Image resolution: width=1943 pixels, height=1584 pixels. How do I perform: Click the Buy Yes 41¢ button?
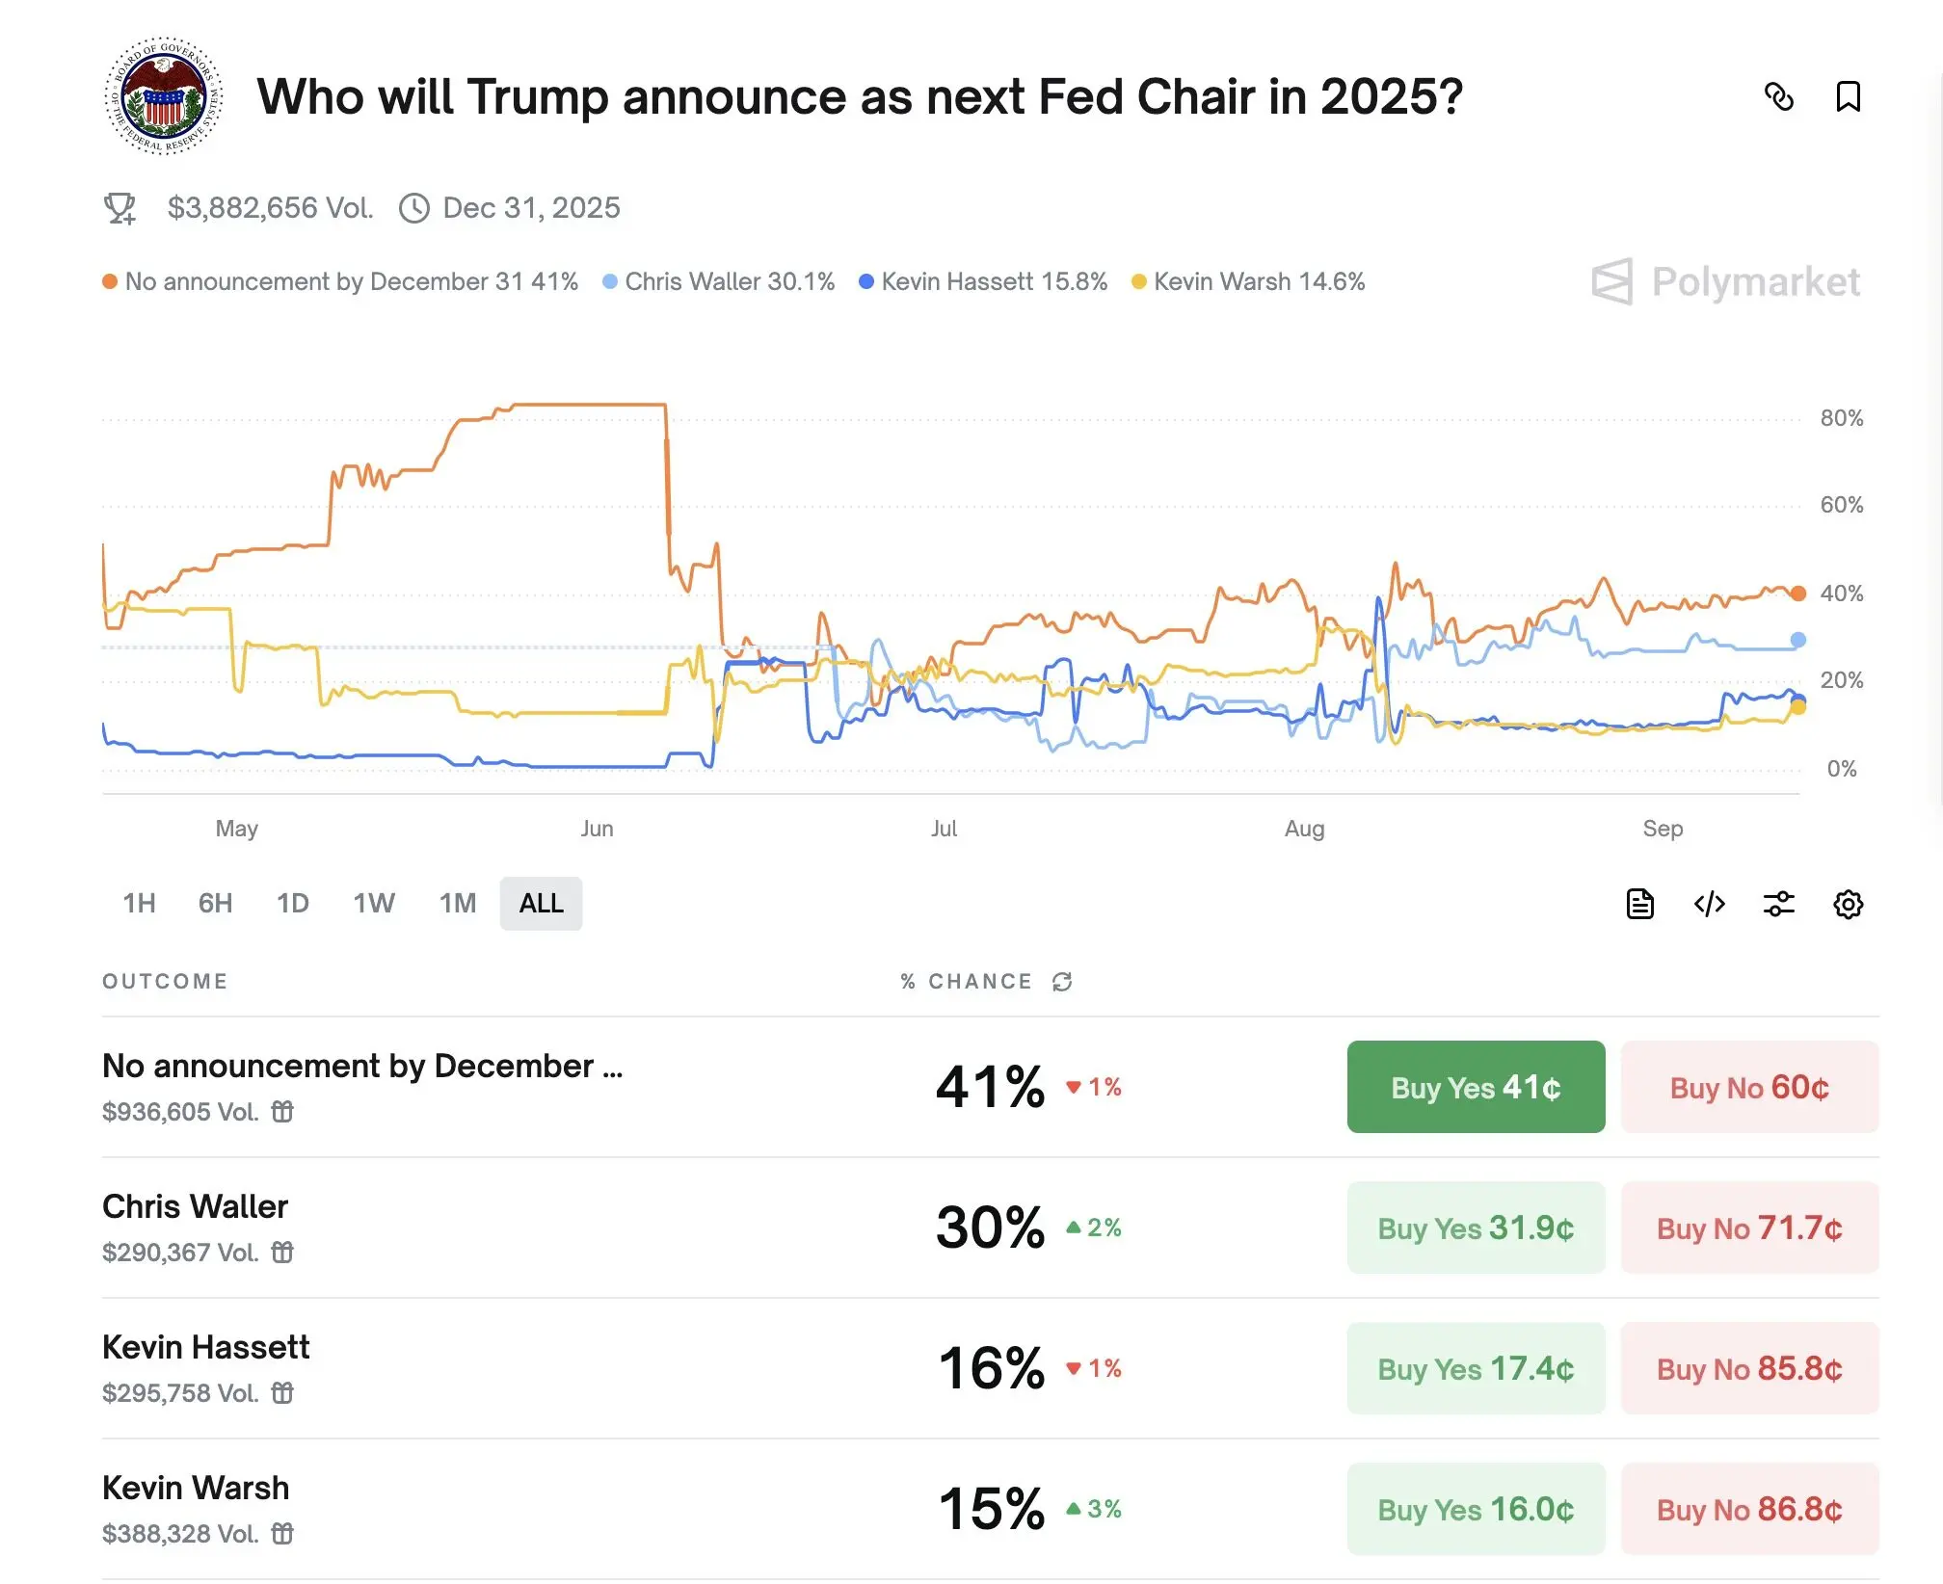point(1476,1087)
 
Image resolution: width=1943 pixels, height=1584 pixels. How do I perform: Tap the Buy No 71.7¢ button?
point(1749,1228)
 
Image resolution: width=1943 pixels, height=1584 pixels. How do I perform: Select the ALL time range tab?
point(541,903)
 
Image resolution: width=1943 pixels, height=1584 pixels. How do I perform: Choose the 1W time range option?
point(374,903)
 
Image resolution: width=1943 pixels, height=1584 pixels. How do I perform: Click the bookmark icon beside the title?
point(1848,96)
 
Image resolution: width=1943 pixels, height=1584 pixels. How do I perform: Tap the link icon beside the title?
point(1778,96)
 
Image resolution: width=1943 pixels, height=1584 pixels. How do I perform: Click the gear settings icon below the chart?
point(1848,904)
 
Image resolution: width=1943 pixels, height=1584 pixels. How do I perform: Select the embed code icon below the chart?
point(1709,904)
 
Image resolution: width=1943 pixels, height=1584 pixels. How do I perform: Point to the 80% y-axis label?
point(1841,418)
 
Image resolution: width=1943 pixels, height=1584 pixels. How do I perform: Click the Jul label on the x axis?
point(944,829)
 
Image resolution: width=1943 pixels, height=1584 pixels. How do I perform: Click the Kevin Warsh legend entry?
point(1248,281)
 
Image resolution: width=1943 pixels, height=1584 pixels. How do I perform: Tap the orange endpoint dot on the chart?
point(1797,594)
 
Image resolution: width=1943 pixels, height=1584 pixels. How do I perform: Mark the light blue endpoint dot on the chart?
point(1797,640)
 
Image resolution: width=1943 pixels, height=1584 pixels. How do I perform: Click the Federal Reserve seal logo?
point(164,96)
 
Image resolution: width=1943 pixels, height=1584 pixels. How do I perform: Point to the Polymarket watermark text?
point(1755,281)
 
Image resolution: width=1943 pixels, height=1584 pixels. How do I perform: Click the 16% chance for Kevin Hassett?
point(992,1368)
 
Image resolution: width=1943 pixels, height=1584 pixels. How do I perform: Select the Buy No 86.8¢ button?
point(1749,1509)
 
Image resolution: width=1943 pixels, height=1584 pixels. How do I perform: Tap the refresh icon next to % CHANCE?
point(1062,982)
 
